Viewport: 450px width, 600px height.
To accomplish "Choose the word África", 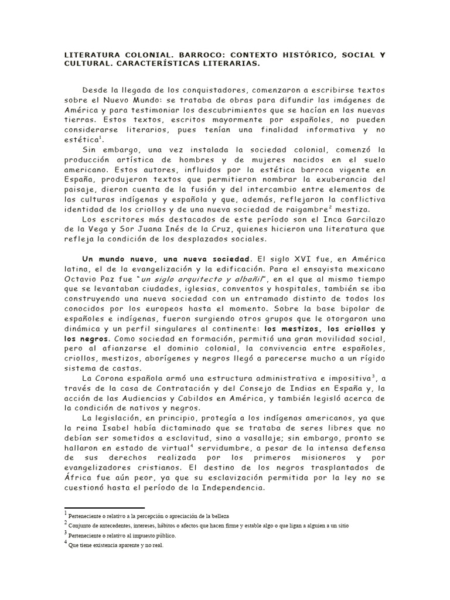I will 80,478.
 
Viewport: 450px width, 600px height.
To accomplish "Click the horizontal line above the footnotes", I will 104,508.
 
